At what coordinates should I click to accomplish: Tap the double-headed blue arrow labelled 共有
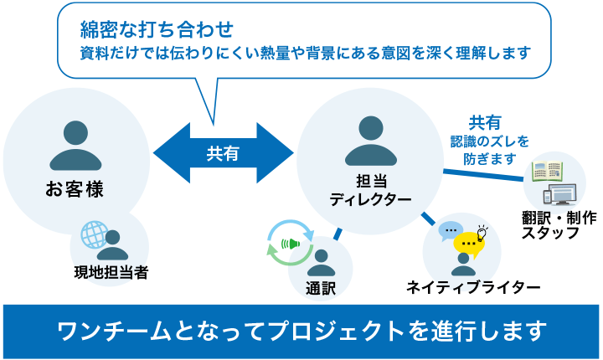223,153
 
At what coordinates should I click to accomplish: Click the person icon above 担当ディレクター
370,141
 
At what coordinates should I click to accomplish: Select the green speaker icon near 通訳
291,244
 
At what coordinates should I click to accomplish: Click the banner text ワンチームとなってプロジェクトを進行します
301,330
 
